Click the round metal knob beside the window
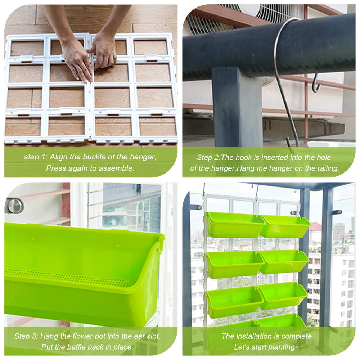click(x=15, y=206)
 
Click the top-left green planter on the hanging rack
click(x=235, y=224)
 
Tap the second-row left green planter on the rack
click(x=235, y=264)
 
